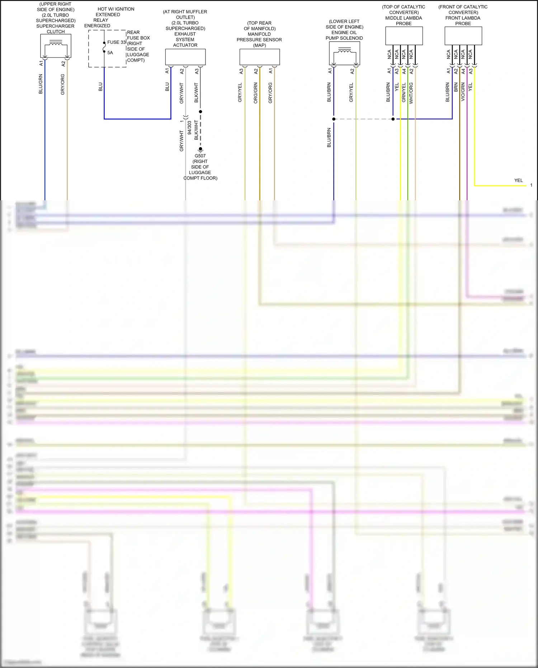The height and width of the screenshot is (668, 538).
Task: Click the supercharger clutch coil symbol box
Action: (x=56, y=46)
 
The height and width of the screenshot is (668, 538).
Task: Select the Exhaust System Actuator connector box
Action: (x=185, y=57)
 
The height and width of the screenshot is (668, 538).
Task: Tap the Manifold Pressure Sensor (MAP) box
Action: (x=259, y=57)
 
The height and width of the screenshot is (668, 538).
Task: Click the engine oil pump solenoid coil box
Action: (x=344, y=53)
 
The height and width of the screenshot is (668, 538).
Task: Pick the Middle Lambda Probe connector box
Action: (x=404, y=36)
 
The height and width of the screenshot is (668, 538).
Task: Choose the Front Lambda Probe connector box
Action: (x=463, y=36)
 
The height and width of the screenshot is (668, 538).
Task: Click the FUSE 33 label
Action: (x=116, y=42)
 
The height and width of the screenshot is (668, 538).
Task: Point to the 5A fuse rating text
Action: (x=110, y=53)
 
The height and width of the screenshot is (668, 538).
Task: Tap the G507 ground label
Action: (x=200, y=156)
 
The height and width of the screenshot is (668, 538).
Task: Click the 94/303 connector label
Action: (x=189, y=128)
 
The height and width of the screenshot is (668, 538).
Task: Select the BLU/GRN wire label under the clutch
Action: (x=41, y=84)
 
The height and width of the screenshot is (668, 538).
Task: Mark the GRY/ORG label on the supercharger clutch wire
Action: (x=63, y=84)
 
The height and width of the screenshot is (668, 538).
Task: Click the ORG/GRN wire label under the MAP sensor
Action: (x=256, y=93)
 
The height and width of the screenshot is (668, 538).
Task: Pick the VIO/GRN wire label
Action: (x=463, y=92)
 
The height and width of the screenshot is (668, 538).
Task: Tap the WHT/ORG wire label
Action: (x=411, y=93)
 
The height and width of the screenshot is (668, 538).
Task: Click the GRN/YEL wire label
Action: (x=403, y=93)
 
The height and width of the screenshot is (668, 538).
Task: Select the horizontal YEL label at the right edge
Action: (x=518, y=181)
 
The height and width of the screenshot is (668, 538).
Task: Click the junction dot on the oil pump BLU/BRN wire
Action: (x=334, y=119)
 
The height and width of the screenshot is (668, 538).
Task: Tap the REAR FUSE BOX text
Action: (x=138, y=35)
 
